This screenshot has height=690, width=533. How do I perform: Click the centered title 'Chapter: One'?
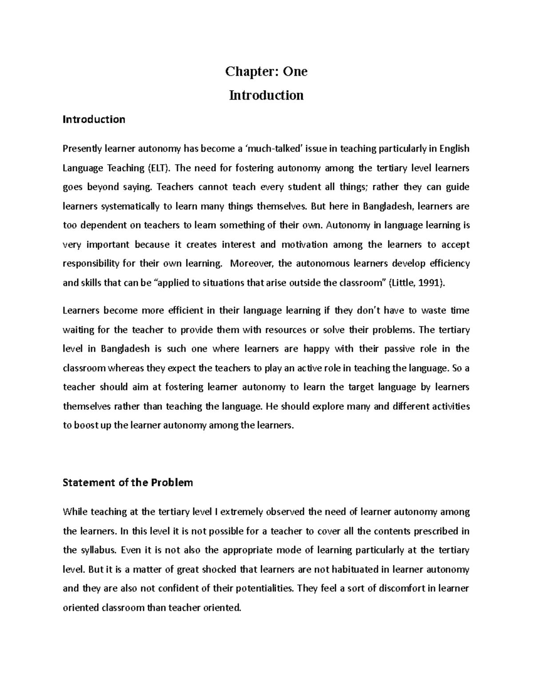[x=266, y=72]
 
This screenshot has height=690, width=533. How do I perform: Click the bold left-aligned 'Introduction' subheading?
[x=94, y=119]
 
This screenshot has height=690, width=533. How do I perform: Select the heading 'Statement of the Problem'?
[x=128, y=483]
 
